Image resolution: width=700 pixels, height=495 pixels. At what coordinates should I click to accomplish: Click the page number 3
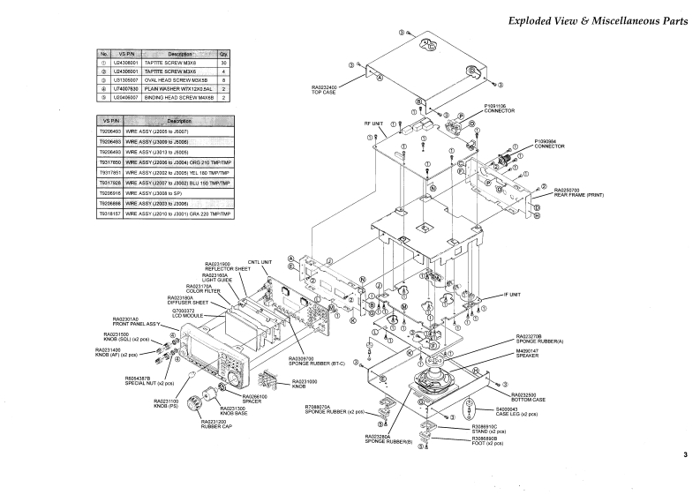click(684, 455)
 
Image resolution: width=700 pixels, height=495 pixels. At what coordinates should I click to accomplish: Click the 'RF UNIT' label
click(373, 124)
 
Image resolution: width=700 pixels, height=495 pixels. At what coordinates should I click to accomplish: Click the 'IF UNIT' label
click(512, 294)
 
